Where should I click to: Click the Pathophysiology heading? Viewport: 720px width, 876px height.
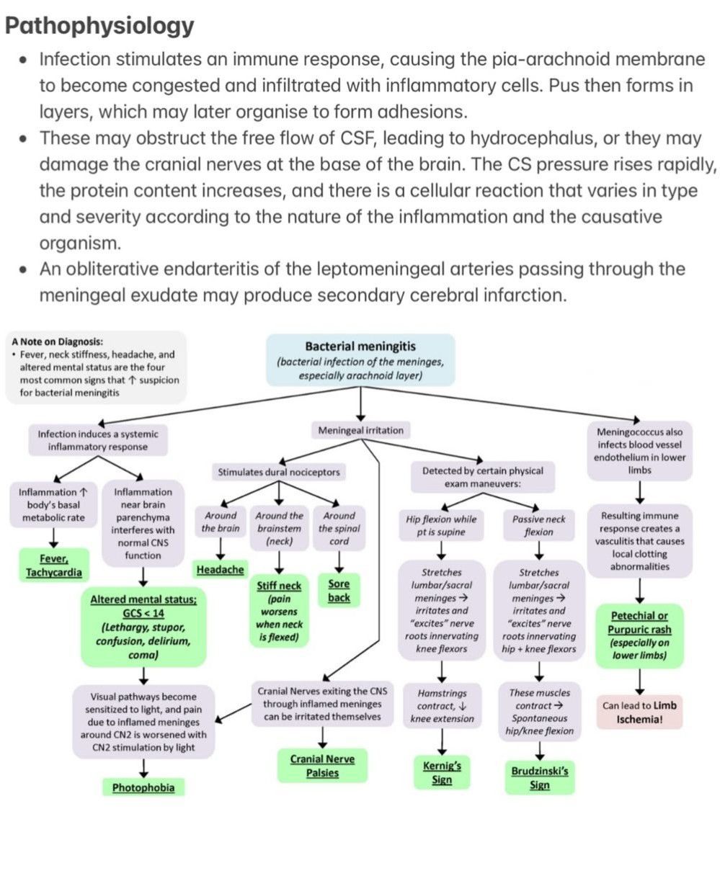pyautogui.click(x=99, y=26)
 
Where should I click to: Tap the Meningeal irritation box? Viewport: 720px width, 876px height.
pyautogui.click(x=360, y=431)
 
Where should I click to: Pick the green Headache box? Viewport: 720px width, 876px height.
pyautogui.click(x=221, y=570)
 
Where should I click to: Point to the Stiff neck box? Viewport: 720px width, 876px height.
pyautogui.click(x=280, y=611)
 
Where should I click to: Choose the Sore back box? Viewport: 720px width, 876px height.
pyautogui.click(x=339, y=591)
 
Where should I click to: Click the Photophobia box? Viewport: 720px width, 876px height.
pyautogui.click(x=143, y=787)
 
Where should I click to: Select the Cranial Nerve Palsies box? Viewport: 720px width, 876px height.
pyautogui.click(x=322, y=766)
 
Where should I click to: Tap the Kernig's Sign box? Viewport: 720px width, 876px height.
pyautogui.click(x=442, y=773)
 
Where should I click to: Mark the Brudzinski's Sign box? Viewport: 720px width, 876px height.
pyautogui.click(x=540, y=778)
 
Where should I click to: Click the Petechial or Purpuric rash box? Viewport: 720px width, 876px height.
pyautogui.click(x=639, y=635)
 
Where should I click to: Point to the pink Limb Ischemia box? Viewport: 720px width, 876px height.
pyautogui.click(x=639, y=712)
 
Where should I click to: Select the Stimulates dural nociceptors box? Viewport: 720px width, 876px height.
pyautogui.click(x=279, y=473)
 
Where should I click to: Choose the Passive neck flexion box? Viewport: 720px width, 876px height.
pyautogui.click(x=539, y=525)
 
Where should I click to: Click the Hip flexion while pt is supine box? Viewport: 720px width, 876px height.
pyautogui.click(x=441, y=525)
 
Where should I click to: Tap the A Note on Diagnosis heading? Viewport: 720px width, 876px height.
pyautogui.click(x=57, y=341)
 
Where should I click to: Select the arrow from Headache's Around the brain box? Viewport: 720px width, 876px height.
pyautogui.click(x=221, y=548)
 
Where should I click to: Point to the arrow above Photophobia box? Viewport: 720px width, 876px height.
pyautogui.click(x=143, y=768)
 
